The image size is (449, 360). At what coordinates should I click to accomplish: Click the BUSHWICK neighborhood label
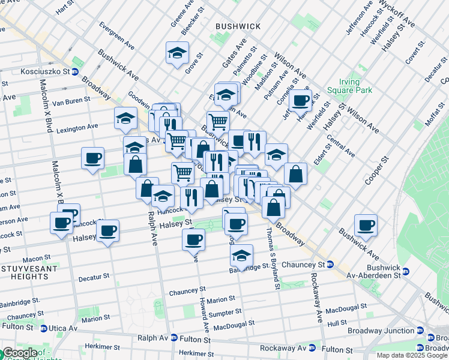click(x=238, y=26)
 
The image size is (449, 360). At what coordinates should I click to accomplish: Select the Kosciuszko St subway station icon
click(x=76, y=72)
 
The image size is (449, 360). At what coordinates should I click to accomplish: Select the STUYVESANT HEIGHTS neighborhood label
click(x=25, y=272)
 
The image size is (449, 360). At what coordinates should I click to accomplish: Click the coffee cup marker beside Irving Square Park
click(x=301, y=100)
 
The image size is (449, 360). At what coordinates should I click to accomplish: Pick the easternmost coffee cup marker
click(x=365, y=225)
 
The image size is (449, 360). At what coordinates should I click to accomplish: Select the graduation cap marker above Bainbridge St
click(x=241, y=256)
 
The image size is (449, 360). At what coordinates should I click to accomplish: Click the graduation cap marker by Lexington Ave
click(x=125, y=118)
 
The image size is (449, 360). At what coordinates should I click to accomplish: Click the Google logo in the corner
click(x=19, y=353)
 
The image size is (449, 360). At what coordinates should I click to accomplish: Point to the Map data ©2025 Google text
click(x=411, y=355)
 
